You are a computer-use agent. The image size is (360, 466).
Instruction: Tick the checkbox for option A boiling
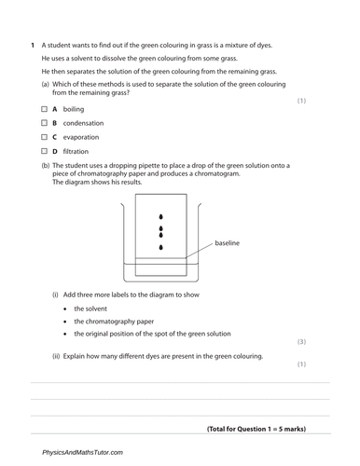point(44,109)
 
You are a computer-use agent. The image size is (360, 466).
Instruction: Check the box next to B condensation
point(44,123)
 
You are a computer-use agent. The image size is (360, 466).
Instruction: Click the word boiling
point(74,109)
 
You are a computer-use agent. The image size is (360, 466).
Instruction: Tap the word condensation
point(84,123)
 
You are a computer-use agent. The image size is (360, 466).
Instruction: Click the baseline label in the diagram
point(228,243)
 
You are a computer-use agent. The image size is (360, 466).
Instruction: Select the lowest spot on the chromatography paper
point(161,247)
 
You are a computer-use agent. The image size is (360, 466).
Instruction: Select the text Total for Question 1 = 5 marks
point(256,429)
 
